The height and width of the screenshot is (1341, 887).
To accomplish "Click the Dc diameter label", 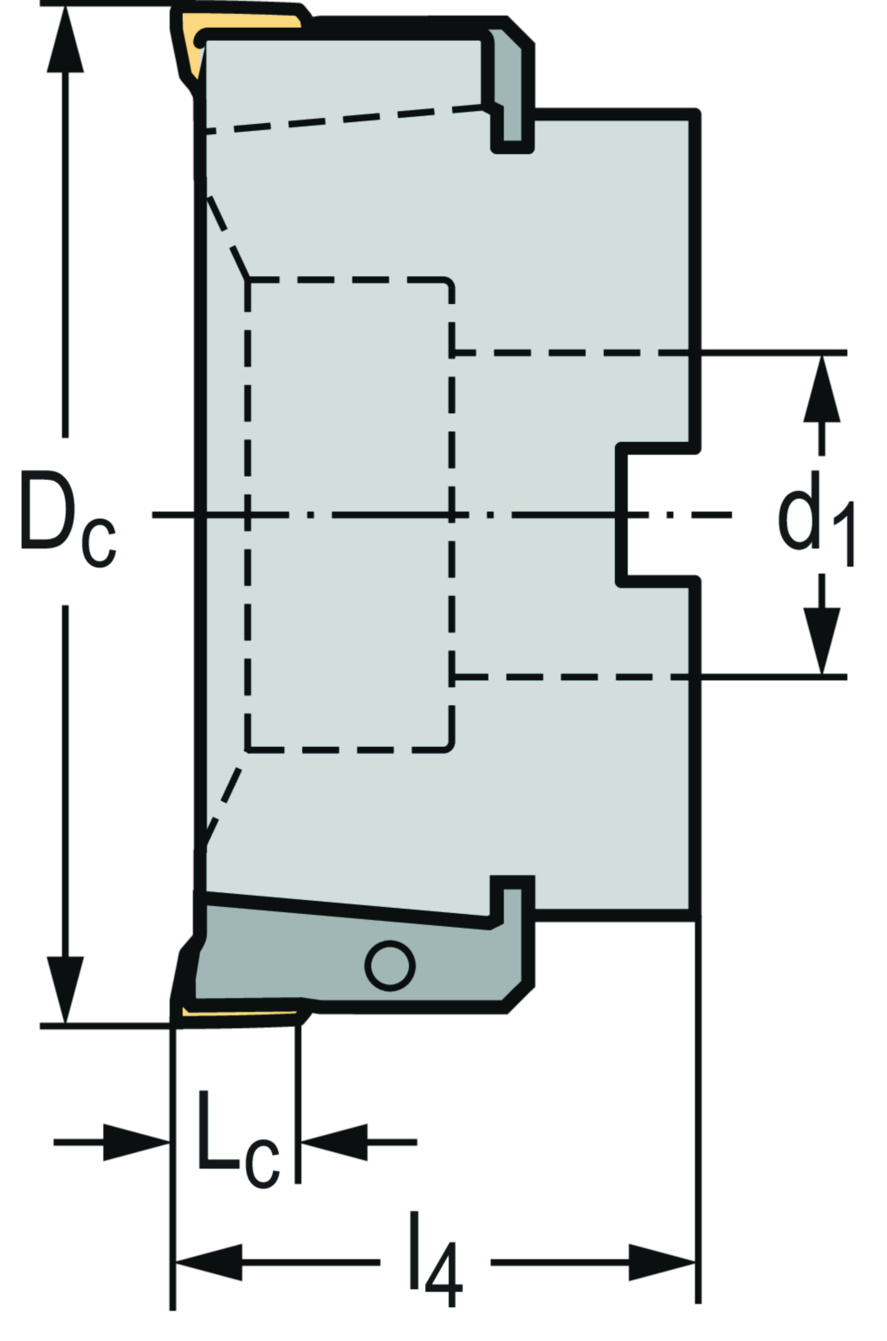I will coord(67,521).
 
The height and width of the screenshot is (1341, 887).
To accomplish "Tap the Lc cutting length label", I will coord(236,1142).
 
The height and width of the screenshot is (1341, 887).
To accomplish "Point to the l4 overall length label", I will coord(435,1261).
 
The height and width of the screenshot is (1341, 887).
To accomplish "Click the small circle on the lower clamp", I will coord(389,965).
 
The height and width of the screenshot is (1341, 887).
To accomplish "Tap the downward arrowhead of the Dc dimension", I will coord(65,988).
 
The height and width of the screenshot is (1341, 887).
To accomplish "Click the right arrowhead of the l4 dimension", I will coord(663,1263).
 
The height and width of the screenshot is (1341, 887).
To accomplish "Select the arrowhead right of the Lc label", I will coord(334,1143).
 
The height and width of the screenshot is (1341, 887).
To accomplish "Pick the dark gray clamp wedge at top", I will coord(509,87).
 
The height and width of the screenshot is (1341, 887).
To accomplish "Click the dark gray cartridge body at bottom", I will coord(346,953).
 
